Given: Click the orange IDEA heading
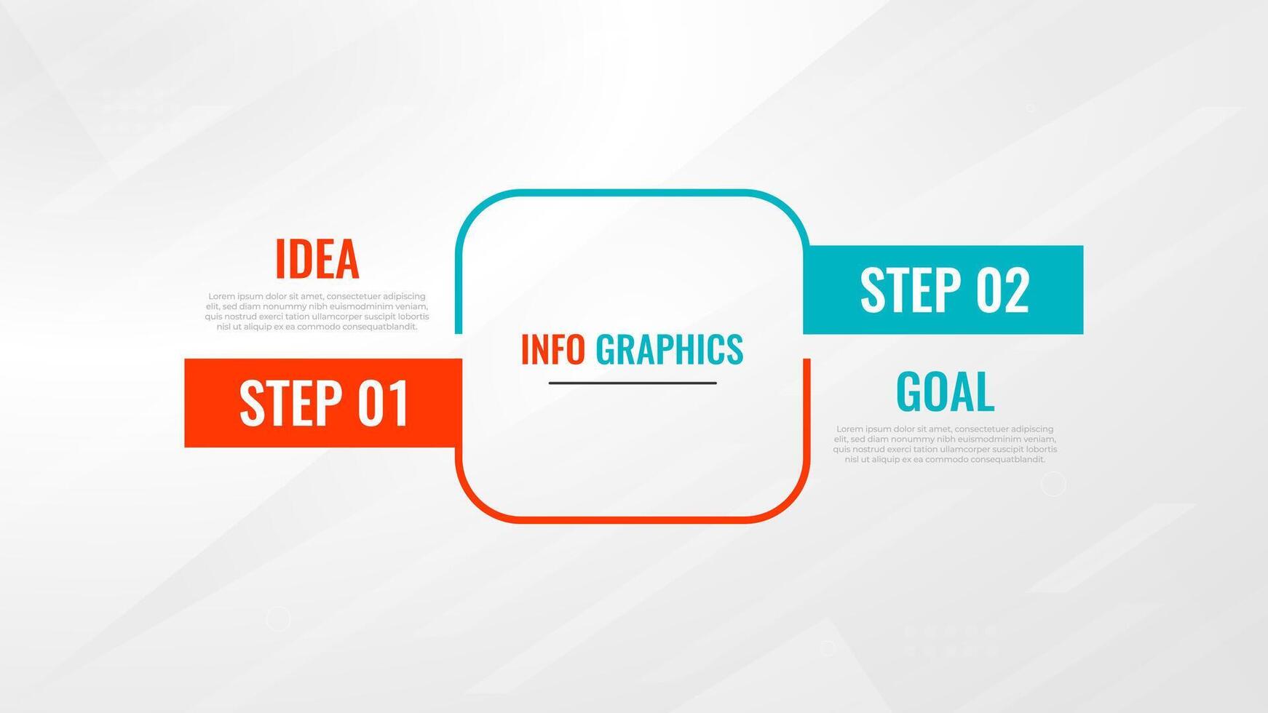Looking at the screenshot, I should click(317, 259).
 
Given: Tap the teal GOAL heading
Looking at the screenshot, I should click(945, 391).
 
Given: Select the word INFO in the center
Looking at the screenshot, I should click(553, 349).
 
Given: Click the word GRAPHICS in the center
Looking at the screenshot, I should click(669, 349).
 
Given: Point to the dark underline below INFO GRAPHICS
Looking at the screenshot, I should click(633, 383).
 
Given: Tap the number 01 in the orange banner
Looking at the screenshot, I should click(383, 403).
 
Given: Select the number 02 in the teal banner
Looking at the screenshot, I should click(1002, 290).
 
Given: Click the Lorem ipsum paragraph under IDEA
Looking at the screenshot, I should click(317, 311).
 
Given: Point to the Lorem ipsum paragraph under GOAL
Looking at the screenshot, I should click(945, 444).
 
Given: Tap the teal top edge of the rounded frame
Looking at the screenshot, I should click(633, 192).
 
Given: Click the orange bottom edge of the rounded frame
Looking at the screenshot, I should click(633, 519).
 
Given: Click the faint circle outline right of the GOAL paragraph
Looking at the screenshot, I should click(1053, 484).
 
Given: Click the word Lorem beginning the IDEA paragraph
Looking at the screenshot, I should click(221, 296).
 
